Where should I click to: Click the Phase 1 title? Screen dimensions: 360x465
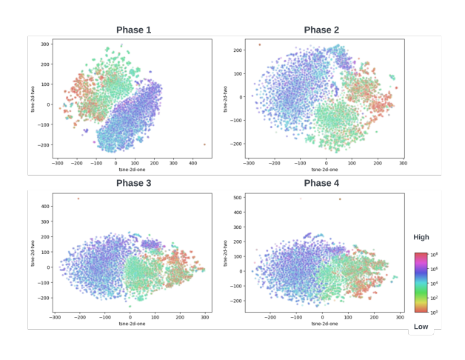(x=133, y=30)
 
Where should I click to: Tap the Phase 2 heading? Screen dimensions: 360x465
(x=321, y=30)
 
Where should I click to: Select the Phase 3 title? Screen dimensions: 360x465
(x=133, y=183)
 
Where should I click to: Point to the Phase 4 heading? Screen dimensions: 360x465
(x=321, y=183)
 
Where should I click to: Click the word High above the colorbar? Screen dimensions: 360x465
(x=421, y=237)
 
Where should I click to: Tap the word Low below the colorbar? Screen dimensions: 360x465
(x=421, y=326)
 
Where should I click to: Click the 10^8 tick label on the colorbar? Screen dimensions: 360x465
(x=434, y=255)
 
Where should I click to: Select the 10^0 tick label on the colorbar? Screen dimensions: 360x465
(x=434, y=313)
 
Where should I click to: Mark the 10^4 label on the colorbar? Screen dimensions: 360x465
(x=434, y=284)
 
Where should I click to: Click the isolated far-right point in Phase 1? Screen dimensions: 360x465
(x=204, y=144)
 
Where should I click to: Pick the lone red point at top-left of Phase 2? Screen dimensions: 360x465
(x=259, y=44)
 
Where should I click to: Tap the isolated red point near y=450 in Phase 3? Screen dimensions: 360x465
(x=78, y=199)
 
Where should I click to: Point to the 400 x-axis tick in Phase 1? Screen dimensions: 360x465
(x=192, y=163)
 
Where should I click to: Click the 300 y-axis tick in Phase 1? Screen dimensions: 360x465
(x=44, y=44)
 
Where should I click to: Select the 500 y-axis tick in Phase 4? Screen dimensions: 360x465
(x=238, y=198)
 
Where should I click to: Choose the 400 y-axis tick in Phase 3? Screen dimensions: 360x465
(x=44, y=206)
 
